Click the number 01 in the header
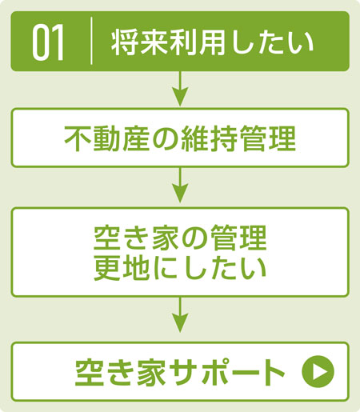48,42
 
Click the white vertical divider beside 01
91,41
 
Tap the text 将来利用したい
212,42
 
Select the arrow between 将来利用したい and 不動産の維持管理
180,89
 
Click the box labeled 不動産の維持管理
180,138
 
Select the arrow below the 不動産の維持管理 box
180,185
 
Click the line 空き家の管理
180,238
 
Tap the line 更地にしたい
180,268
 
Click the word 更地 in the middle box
122,268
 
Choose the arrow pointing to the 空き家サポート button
180,314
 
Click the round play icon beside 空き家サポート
318,371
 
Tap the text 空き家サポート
180,372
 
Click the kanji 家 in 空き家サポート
150,372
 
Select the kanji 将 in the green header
125,42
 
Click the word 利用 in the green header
182,42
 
